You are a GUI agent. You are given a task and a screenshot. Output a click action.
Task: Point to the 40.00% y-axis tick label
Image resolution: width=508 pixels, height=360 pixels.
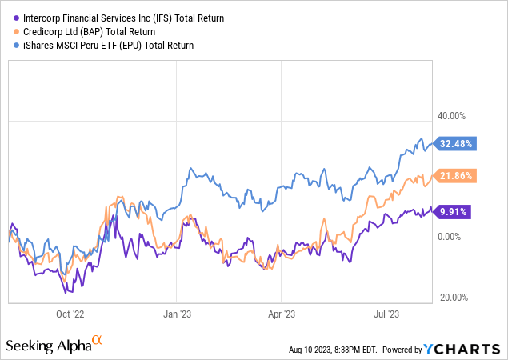(451, 114)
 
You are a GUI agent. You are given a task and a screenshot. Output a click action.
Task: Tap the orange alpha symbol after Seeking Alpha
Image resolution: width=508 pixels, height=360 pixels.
(98, 342)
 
